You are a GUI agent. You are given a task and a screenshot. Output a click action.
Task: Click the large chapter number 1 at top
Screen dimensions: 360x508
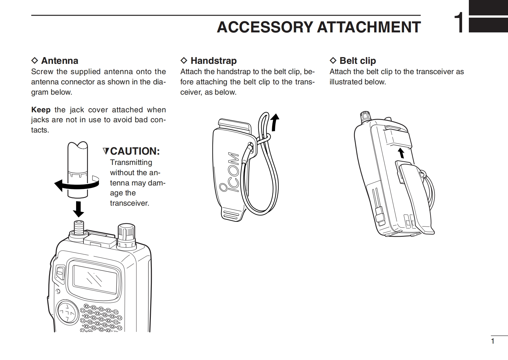459,23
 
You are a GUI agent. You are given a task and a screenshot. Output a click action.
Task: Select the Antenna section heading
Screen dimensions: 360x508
59,61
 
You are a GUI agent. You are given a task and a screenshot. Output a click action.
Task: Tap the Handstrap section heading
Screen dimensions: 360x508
213,61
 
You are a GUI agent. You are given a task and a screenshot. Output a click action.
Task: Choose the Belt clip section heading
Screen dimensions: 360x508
357,61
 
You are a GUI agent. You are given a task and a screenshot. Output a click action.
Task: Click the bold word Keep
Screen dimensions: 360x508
41,110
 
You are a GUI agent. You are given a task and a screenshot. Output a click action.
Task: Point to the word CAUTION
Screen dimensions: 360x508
135,151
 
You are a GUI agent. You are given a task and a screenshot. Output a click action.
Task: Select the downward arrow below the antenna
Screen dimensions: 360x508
78,209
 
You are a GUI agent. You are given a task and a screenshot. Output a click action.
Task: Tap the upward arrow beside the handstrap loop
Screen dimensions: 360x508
274,123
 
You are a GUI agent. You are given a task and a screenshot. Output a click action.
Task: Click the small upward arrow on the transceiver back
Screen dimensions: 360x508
401,153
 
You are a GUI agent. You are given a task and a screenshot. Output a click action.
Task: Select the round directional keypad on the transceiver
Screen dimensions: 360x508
68,312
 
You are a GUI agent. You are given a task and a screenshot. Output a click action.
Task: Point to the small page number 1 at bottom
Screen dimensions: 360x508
493,341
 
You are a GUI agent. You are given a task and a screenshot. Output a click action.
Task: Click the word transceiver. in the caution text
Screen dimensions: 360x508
129,203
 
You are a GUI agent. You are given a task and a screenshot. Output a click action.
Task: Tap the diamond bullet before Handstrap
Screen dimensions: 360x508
184,60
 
